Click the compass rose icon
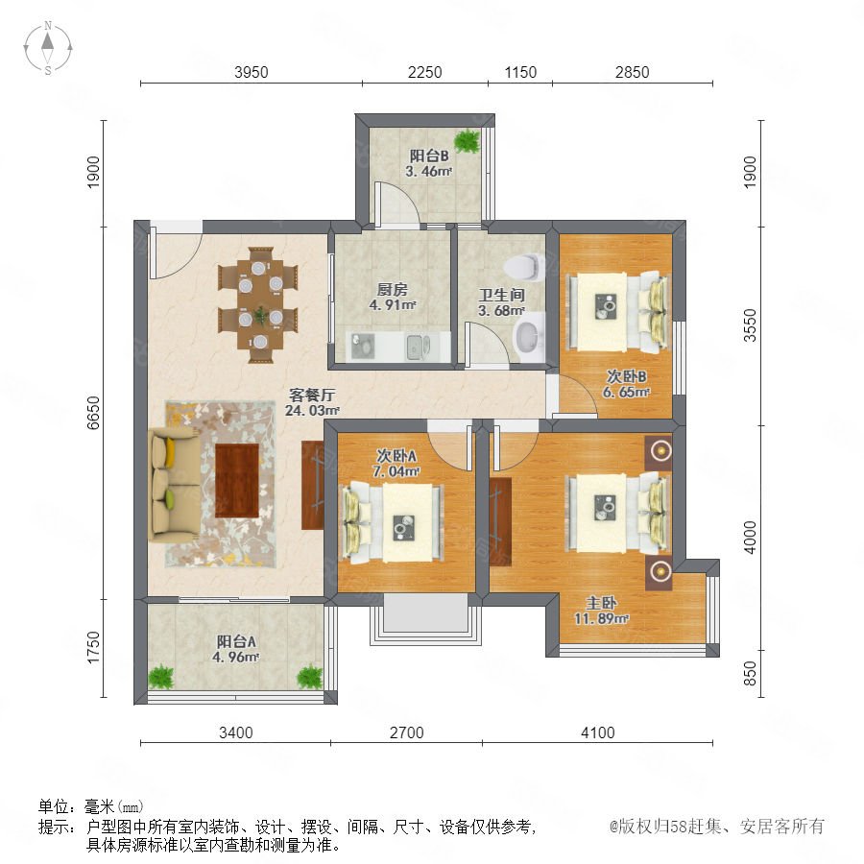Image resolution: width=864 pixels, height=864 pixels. point(48,48)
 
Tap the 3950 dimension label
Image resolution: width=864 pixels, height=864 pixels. point(252,72)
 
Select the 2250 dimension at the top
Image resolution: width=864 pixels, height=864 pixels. point(425,72)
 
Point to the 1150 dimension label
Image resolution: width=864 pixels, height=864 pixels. point(520,72)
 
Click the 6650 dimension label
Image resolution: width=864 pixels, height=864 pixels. point(94,413)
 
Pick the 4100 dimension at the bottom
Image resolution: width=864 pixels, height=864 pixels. point(598,732)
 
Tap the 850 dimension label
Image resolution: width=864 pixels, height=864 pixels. point(750,673)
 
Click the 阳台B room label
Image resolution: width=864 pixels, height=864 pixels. point(429,156)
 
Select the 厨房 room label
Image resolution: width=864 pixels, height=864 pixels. point(392,289)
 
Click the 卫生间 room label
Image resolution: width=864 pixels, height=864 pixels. point(501,295)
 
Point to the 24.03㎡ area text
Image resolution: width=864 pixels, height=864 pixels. point(312,411)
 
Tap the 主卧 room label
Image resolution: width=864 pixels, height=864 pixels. point(601,603)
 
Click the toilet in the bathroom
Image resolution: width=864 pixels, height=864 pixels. point(523,267)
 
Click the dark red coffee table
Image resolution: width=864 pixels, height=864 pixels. point(237,481)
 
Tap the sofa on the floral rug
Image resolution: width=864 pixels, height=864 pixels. point(174,484)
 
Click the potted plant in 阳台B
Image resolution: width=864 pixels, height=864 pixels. point(468,140)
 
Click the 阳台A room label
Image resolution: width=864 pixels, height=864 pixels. point(236,641)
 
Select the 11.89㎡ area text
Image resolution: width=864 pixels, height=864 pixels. point(601,619)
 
